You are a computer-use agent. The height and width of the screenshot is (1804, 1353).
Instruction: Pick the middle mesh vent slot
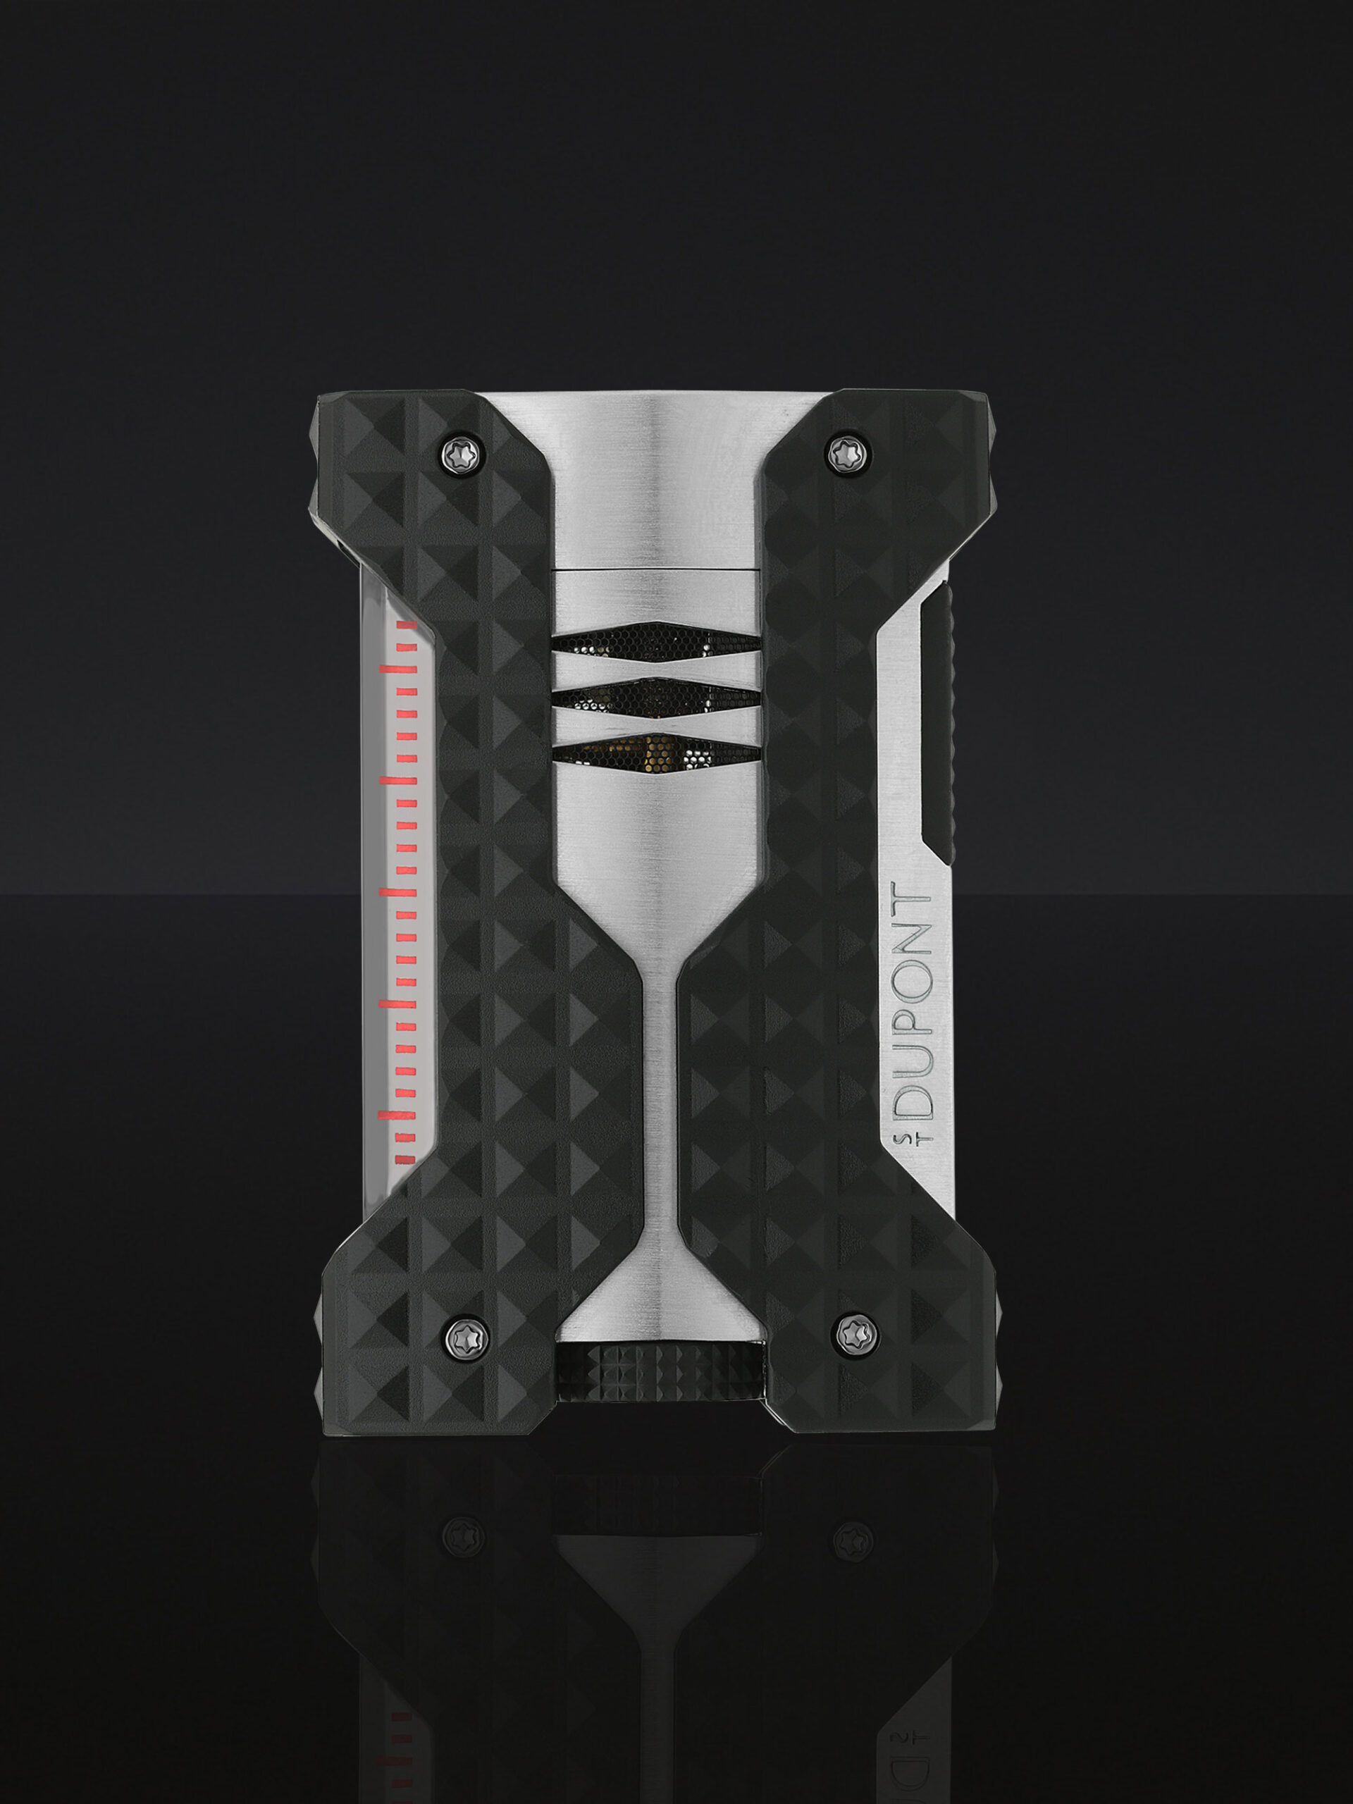tap(657, 696)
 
